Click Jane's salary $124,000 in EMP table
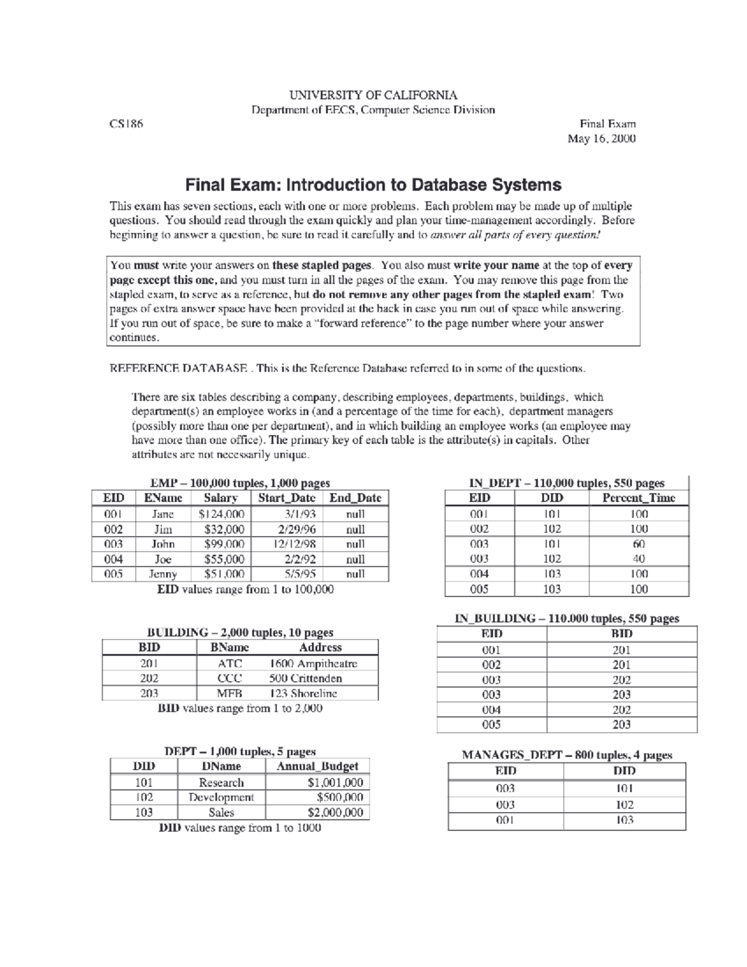pyautogui.click(x=222, y=514)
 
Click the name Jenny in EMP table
pyautogui.click(x=164, y=574)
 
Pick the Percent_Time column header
pyautogui.click(x=638, y=498)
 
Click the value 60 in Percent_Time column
pyautogui.click(x=639, y=544)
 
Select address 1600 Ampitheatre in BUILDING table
pyautogui.click(x=313, y=664)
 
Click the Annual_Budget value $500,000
pyautogui.click(x=339, y=798)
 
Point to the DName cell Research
pyautogui.click(x=221, y=783)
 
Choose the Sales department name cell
pyautogui.click(x=221, y=813)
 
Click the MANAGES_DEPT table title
pyautogui.click(x=566, y=755)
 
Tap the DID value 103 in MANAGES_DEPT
pyautogui.click(x=624, y=820)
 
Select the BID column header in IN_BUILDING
pyautogui.click(x=621, y=634)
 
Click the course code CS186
pyautogui.click(x=126, y=124)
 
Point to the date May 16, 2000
pyautogui.click(x=601, y=139)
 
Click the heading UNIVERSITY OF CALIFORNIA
pyautogui.click(x=373, y=95)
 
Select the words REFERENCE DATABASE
pyautogui.click(x=178, y=368)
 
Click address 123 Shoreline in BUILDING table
pyautogui.click(x=303, y=694)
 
